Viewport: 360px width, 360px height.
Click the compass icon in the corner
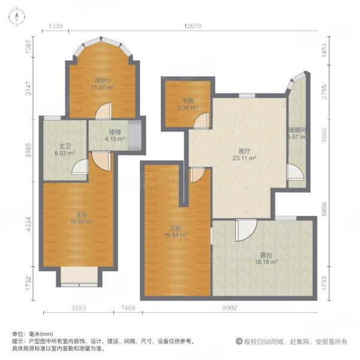click(x=17, y=17)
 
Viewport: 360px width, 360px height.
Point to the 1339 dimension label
click(x=56, y=25)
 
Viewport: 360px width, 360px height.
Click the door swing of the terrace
click(x=245, y=231)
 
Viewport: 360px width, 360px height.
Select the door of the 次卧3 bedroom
click(x=104, y=111)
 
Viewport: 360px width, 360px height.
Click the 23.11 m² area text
click(x=245, y=159)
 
